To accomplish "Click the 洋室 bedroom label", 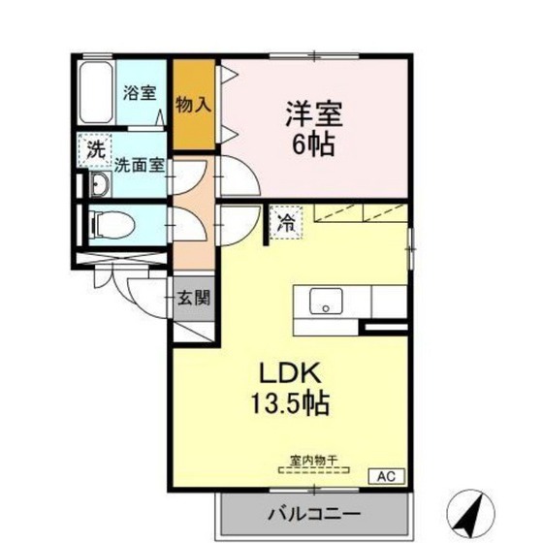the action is (314, 114).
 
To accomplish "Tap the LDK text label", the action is (290, 373).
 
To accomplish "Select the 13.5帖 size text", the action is (290, 403).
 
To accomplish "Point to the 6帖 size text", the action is (314, 144).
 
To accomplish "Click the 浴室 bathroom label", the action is (140, 93).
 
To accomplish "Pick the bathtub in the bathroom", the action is (96, 92).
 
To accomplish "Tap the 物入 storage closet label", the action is (193, 105).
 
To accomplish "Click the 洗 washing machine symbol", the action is (95, 150).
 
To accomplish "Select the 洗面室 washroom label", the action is (140, 166).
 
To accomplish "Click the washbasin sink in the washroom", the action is (101, 184).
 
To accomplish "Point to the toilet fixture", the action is (112, 225).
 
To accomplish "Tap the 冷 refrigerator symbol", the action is (286, 222).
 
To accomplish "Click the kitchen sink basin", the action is (326, 301).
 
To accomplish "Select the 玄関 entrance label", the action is (194, 298).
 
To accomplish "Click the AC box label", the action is (386, 476).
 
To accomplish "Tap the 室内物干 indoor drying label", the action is (313, 461).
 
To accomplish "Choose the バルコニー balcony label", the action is (314, 514).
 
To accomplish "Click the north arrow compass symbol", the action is (470, 514).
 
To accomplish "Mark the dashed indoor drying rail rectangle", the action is (314, 470).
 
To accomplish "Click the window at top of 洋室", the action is (314, 56).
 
